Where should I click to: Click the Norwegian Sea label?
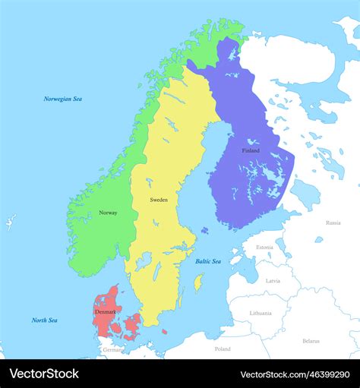62,99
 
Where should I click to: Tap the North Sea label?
44,320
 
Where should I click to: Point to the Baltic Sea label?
207,261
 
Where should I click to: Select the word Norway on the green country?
108,213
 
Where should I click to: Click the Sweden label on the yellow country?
159,200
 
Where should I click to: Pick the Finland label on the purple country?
251,150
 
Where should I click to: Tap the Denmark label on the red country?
106,311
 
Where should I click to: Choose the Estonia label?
264,247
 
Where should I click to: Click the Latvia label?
272,280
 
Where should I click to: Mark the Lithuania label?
261,313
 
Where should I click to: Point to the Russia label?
333,223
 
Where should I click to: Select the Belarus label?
311,341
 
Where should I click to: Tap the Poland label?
222,349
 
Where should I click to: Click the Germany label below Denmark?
112,350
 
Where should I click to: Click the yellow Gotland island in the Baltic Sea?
199,282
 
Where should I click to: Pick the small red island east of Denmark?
164,331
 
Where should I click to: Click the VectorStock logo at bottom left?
43,374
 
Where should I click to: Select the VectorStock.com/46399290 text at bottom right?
296,374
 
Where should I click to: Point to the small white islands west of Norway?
9,222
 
